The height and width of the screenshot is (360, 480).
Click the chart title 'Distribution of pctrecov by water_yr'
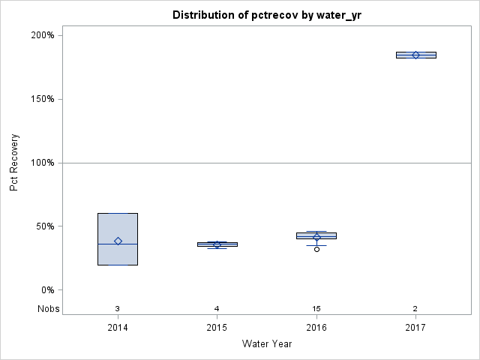pyautogui.click(x=266, y=15)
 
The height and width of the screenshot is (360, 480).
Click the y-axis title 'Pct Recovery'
pyautogui.click(x=14, y=163)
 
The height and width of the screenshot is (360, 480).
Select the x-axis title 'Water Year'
pyautogui.click(x=266, y=344)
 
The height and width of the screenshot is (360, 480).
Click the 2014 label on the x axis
pyautogui.click(x=118, y=328)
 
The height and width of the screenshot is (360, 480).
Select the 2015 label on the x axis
pyautogui.click(x=217, y=328)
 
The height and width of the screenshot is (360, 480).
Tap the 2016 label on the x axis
pyautogui.click(x=316, y=328)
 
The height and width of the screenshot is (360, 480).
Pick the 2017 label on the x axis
pyautogui.click(x=415, y=328)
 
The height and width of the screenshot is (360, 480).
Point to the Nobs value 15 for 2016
pyautogui.click(x=316, y=308)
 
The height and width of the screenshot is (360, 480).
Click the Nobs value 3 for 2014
pyautogui.click(x=118, y=308)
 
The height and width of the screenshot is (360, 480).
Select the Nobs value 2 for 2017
pyautogui.click(x=415, y=308)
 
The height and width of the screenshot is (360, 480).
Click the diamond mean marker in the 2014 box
pyautogui.click(x=118, y=241)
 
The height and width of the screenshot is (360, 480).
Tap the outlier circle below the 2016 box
pyautogui.click(x=316, y=249)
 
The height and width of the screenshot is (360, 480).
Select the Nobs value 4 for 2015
pyautogui.click(x=217, y=308)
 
